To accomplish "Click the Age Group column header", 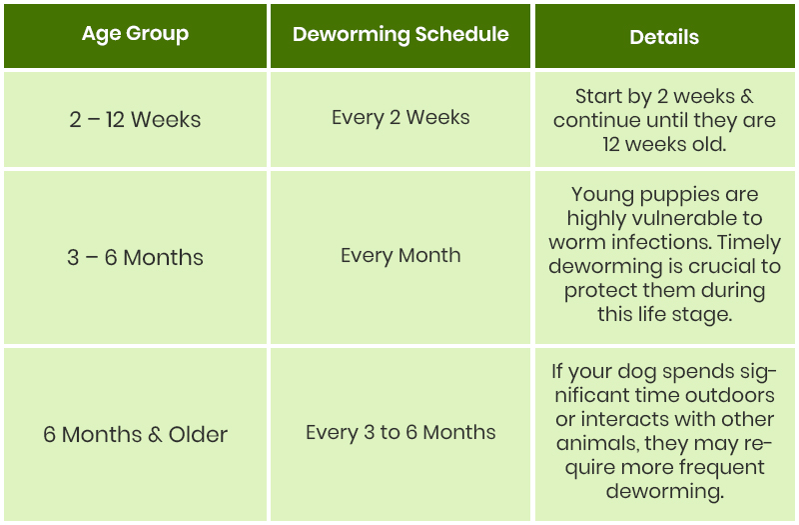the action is (x=135, y=36).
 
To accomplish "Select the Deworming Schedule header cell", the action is (x=400, y=36).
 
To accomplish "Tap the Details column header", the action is (x=664, y=36).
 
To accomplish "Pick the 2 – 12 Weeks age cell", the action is (x=135, y=119).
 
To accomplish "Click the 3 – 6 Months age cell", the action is (x=135, y=257).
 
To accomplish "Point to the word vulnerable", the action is (x=684, y=218).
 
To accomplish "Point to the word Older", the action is (x=198, y=435).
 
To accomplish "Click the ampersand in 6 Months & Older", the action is (x=155, y=435).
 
